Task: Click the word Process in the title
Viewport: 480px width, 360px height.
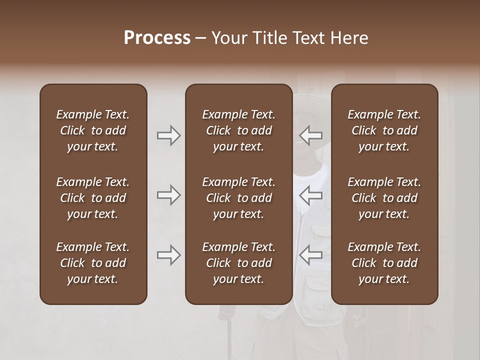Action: click(x=157, y=38)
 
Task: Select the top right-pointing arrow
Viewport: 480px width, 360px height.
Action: click(x=168, y=135)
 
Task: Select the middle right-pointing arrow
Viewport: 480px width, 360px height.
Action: click(x=168, y=195)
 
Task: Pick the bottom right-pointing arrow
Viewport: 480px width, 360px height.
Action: click(x=168, y=255)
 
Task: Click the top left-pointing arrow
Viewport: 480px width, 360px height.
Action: click(x=311, y=135)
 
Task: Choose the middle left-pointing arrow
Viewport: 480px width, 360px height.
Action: click(x=311, y=195)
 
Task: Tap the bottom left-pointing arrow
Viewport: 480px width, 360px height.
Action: click(x=311, y=255)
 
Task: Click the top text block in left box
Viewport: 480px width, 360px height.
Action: click(x=93, y=130)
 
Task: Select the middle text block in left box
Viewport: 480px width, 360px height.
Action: click(x=93, y=198)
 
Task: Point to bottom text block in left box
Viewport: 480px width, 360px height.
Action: click(x=93, y=263)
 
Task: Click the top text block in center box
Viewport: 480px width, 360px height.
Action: click(x=239, y=130)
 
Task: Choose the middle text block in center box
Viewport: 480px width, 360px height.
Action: click(x=239, y=198)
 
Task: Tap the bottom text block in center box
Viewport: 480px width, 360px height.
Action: click(x=239, y=263)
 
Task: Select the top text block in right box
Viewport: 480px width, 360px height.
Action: click(x=384, y=130)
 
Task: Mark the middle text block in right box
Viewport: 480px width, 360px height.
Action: click(x=384, y=198)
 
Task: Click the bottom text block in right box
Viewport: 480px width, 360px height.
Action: click(x=384, y=263)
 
